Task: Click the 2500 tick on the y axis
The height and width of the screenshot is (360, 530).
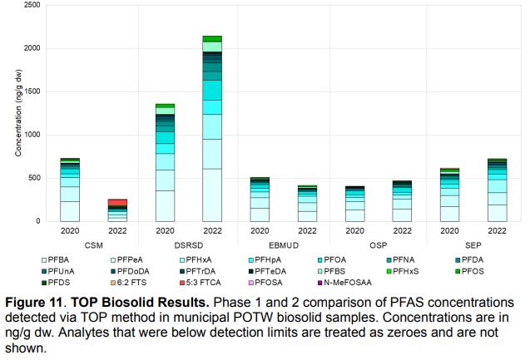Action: click(x=31, y=5)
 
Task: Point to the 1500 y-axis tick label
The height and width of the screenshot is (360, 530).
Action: click(x=31, y=91)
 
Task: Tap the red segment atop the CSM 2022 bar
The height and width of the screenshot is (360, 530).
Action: click(x=117, y=203)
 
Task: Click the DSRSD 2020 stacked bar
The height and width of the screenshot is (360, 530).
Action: click(x=165, y=163)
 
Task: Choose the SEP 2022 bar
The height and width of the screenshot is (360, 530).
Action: click(x=497, y=190)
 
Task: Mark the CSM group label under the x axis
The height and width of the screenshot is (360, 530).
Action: click(x=93, y=245)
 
